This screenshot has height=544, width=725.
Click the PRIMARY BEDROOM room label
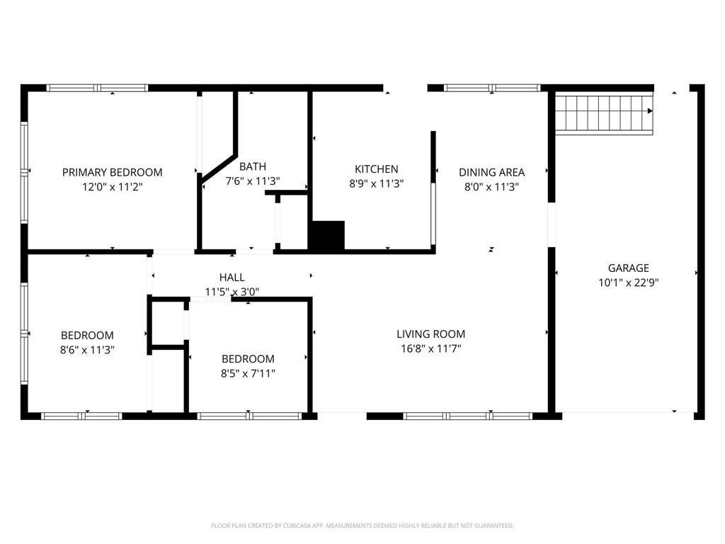[113, 173]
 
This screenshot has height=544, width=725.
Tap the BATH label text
[253, 166]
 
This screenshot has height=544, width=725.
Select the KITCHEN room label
[377, 169]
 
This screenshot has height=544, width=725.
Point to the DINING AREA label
[491, 173]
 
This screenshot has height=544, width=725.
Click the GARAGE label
[629, 268]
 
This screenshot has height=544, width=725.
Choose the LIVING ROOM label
[431, 334]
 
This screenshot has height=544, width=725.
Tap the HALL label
[232, 278]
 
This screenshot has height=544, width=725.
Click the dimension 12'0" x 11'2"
[113, 187]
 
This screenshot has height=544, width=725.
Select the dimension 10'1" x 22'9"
[629, 283]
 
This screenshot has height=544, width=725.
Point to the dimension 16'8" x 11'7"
[431, 348]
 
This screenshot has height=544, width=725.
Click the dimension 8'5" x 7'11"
[248, 373]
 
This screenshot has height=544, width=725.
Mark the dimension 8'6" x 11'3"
[87, 350]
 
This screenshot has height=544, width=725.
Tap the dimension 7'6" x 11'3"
[253, 181]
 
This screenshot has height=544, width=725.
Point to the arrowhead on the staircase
[650, 111]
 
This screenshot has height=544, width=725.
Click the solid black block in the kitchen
[326, 235]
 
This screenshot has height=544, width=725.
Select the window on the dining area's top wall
[492, 88]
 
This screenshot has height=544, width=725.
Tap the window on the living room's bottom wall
[468, 416]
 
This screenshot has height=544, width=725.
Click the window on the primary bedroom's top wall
[97, 88]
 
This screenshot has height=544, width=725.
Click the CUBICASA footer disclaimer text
[362, 526]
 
